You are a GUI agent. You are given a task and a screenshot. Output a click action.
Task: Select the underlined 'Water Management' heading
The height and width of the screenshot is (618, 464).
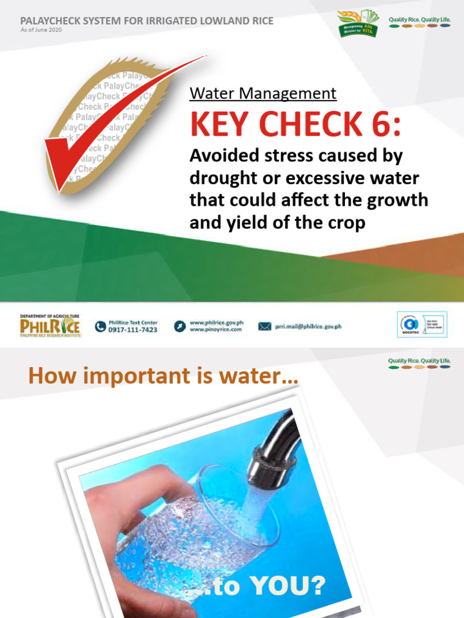[263, 94]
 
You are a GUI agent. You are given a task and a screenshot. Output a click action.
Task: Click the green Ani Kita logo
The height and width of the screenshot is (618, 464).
[359, 23]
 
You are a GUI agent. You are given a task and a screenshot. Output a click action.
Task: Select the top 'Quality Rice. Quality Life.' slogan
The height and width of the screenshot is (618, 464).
[419, 20]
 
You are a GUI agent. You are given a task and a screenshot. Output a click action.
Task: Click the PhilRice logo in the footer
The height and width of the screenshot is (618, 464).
[50, 327]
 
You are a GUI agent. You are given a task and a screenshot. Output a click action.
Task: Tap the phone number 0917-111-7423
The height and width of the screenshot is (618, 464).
[133, 330]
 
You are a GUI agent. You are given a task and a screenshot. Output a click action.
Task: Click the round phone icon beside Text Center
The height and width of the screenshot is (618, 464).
[100, 327]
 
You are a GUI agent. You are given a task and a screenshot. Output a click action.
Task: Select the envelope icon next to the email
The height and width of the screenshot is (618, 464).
[265, 327]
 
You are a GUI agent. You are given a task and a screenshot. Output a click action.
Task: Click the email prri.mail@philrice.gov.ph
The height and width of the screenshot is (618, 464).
[308, 327]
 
